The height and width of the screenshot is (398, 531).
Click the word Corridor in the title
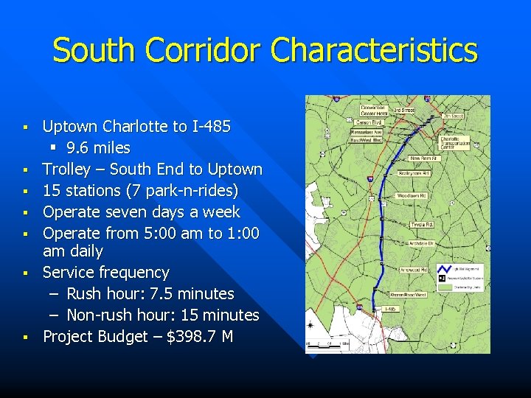(193, 51)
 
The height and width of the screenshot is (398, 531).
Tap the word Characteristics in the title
(374, 51)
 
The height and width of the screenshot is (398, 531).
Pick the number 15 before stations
(52, 191)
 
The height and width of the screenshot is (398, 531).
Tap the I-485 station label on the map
(392, 309)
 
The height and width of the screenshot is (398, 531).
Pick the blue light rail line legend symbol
(443, 270)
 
